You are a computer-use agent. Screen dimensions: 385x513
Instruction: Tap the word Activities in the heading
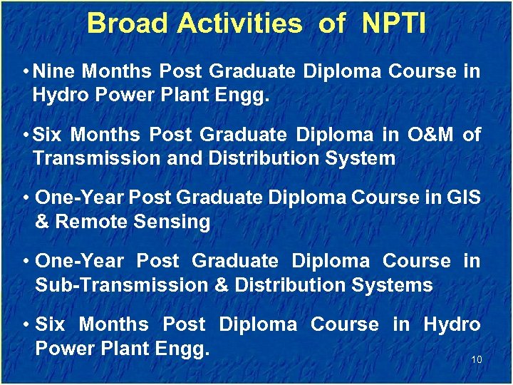pos(239,24)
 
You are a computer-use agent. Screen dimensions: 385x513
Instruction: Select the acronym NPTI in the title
pos(394,24)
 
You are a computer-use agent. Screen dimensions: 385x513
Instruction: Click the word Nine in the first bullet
pos(56,71)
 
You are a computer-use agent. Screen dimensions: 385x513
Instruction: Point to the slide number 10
pos(477,359)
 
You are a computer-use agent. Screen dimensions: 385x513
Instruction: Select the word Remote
pos(88,222)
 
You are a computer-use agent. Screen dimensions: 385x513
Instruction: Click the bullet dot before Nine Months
pos(26,71)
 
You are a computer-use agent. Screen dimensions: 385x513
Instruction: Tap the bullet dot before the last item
pos(26,324)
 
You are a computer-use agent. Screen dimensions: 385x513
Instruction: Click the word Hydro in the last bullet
pos(452,324)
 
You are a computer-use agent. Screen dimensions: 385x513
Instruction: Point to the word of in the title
pos(331,24)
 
